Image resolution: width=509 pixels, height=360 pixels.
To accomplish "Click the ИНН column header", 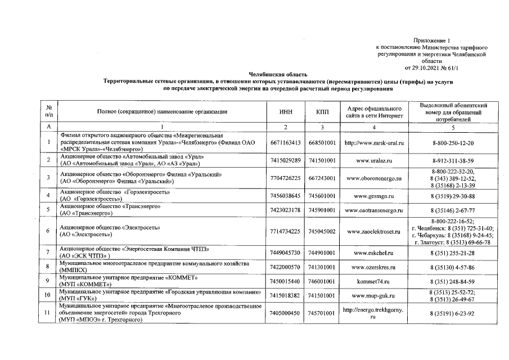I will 286,112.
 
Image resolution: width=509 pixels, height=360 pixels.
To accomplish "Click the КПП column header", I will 323,112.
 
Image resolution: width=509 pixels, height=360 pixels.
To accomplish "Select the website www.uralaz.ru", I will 373,161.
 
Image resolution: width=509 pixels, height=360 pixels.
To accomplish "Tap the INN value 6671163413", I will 286,143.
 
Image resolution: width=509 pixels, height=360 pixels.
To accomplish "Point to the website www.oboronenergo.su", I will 373,178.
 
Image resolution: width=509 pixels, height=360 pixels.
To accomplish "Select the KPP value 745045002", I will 323,231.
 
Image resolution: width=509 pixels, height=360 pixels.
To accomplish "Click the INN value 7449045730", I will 286,253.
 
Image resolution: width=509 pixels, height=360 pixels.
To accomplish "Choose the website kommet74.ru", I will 373,280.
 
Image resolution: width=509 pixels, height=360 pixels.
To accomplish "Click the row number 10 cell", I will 48,294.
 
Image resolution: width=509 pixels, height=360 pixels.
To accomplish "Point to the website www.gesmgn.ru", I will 373,196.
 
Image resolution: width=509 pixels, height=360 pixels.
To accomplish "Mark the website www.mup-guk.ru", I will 373,294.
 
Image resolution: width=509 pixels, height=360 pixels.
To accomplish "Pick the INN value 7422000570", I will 286,267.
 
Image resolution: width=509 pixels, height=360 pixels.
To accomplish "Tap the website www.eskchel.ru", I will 373,253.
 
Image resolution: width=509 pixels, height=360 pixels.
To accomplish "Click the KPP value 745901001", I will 323,210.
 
